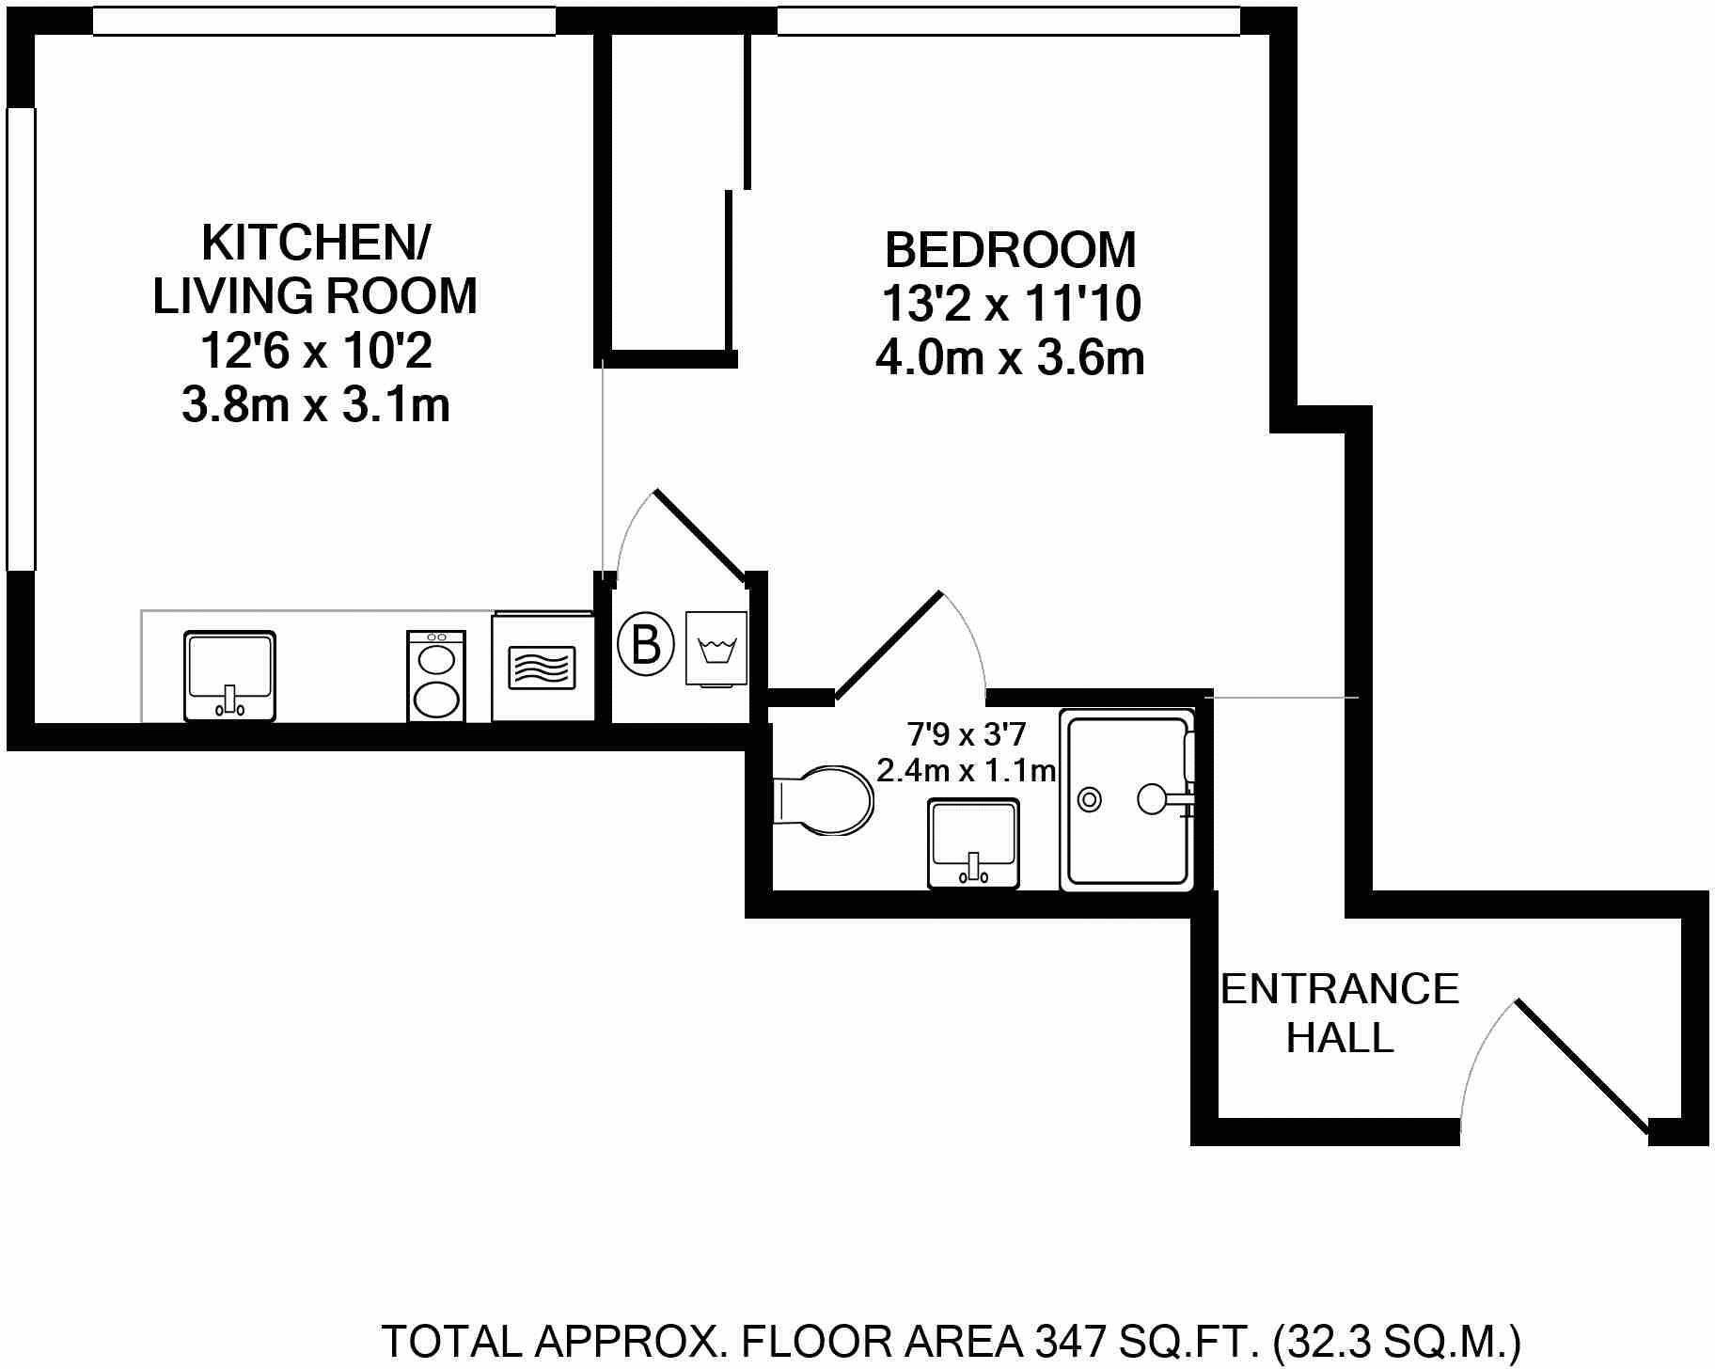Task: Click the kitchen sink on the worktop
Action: tap(229, 675)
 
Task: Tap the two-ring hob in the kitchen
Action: tap(436, 675)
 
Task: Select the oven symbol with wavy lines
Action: tap(543, 668)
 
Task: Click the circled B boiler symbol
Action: tap(646, 645)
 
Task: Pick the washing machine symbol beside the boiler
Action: tap(716, 649)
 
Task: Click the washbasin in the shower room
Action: tap(973, 842)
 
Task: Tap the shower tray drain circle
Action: tap(1090, 800)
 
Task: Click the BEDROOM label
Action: tap(1011, 250)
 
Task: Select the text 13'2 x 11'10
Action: tap(1011, 304)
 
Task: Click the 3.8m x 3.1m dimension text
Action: tap(316, 406)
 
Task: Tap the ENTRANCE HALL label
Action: tap(1339, 1013)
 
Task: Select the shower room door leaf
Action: tap(887, 646)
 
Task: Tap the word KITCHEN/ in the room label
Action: tap(316, 243)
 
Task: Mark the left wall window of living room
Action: tap(21, 338)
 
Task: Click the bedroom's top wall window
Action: tap(1008, 22)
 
